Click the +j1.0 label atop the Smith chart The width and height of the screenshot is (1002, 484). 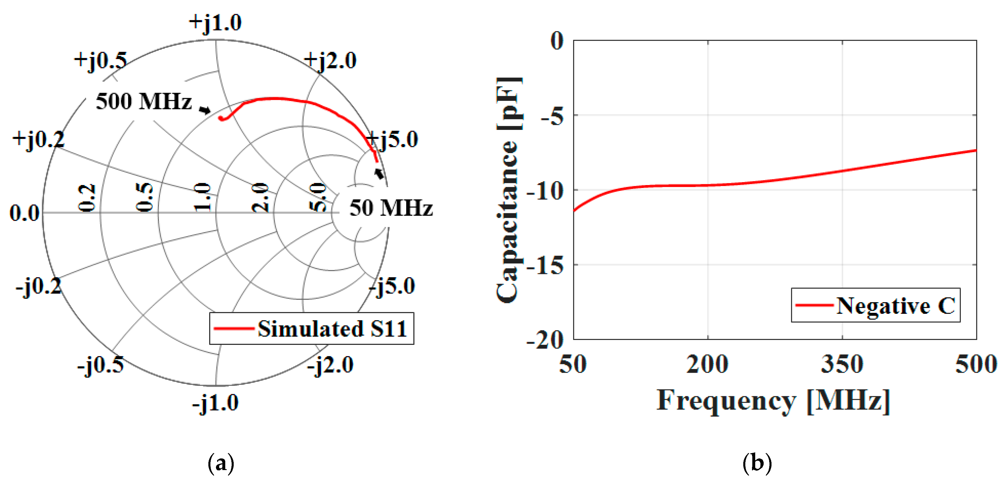(215, 23)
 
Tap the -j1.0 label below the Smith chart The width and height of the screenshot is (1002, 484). (215, 403)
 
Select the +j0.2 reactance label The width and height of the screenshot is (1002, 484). (38, 139)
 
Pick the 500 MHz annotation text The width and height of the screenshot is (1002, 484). (144, 101)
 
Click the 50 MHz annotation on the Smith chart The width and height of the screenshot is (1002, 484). (391, 208)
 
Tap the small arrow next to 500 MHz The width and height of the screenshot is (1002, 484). (205, 110)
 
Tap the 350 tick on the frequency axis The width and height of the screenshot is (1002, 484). (842, 364)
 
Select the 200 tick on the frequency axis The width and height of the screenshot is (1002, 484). (707, 364)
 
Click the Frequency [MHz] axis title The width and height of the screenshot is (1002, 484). (773, 401)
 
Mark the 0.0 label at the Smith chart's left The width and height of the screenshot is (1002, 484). (24, 213)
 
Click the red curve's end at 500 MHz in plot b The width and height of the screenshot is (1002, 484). (975, 150)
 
